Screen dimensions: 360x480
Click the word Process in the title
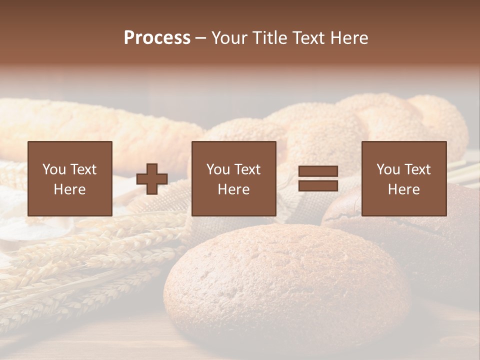pos(157,38)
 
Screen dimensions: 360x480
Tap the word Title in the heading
pos(269,38)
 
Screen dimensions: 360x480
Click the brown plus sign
pos(152,179)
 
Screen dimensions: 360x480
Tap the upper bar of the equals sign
pos(318,171)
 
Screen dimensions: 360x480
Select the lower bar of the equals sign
pos(318,186)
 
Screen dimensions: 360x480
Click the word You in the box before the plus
pos(53,169)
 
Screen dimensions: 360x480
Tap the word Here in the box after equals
pos(404,189)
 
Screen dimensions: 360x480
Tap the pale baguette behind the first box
pos(100,125)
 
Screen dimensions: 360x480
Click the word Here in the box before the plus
pos(70,189)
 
